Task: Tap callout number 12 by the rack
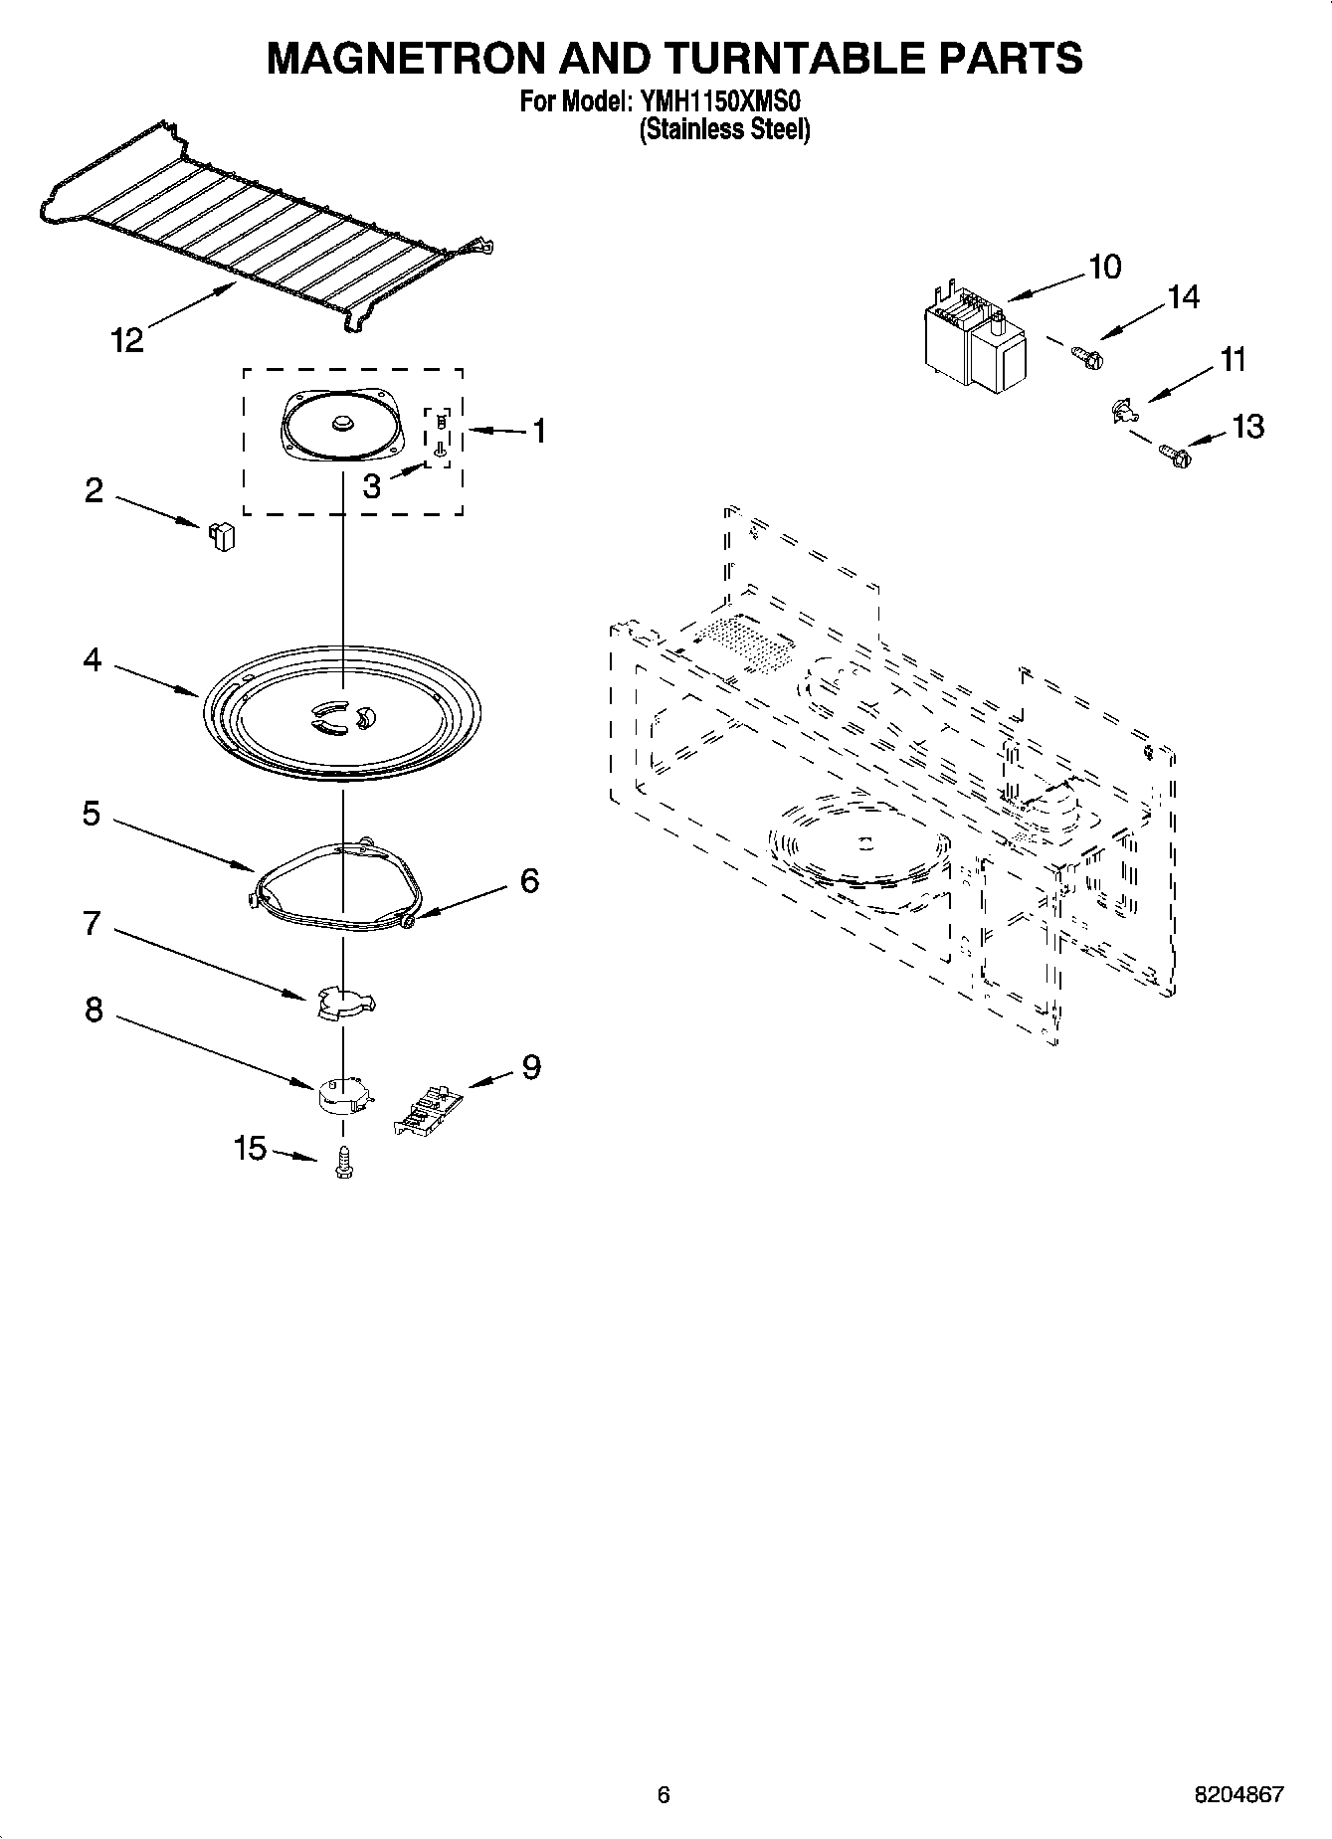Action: coord(127,340)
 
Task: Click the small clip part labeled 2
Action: coord(222,536)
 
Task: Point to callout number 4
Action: coord(92,659)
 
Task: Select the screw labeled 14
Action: coord(1085,354)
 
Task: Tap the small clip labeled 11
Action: coord(1121,409)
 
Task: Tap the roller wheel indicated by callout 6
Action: coord(409,923)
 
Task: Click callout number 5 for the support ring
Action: coord(92,814)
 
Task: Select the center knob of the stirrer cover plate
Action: coord(343,424)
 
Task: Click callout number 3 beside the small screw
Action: coord(371,487)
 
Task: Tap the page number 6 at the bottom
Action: coord(664,1794)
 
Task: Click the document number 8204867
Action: coord(1238,1795)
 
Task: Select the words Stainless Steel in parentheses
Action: coord(724,129)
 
